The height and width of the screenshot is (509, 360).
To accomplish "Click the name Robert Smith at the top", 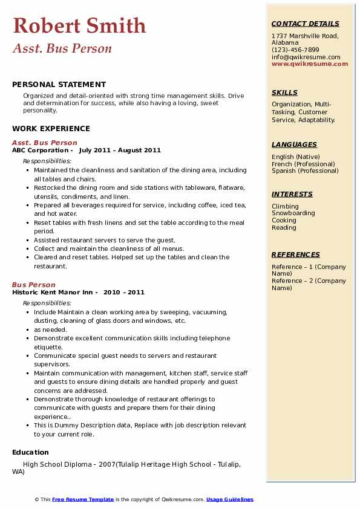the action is tap(79, 25).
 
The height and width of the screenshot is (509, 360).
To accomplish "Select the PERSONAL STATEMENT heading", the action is tap(59, 85).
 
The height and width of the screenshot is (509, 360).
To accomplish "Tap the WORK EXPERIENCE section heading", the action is tap(51, 128).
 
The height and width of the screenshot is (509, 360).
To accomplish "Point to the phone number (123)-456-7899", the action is tap(295, 50).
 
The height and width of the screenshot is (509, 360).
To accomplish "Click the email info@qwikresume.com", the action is tap(306, 57).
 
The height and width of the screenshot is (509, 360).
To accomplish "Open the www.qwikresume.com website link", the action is tap(310, 63).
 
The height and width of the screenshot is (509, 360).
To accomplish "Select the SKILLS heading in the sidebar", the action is tap(284, 92).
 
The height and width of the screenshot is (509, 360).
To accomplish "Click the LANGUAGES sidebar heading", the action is tap(294, 144).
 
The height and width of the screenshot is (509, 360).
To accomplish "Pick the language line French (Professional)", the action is tap(303, 164).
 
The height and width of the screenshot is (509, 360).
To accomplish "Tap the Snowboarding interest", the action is tap(293, 213).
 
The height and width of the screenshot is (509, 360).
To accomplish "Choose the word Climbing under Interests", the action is tap(285, 206).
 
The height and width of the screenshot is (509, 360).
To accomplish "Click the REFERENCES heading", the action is tap(296, 254).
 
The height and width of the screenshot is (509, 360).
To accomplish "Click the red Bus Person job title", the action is tap(33, 285).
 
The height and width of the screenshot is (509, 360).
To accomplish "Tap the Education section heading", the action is tap(30, 452).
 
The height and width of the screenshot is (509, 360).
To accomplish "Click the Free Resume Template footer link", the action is tap(83, 499).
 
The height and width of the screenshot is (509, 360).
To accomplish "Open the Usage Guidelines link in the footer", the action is tap(229, 499).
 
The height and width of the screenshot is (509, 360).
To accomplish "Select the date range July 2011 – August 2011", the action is tap(120, 151).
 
